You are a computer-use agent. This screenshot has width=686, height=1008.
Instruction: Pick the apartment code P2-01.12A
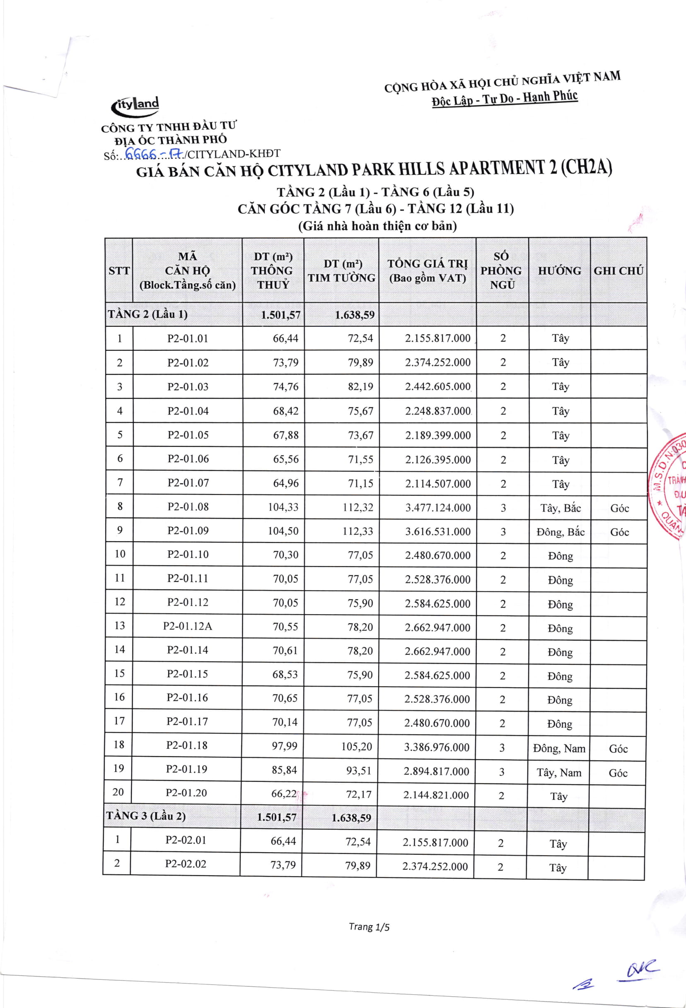pos(187,626)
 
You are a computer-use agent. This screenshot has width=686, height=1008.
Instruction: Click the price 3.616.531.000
pos(438,531)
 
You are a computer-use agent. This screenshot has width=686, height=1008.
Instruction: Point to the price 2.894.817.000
pos(436,771)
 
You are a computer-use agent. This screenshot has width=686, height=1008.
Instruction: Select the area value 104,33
pos(283,507)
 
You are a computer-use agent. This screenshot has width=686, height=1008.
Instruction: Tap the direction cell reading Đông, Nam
pos(559,748)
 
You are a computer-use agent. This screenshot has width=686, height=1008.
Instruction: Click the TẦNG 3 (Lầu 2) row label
pos(146,816)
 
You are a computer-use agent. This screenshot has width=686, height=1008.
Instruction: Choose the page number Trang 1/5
pos(369,927)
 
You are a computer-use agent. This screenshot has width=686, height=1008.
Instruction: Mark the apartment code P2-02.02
pos(185,863)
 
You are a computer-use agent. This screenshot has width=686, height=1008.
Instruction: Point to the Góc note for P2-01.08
pos(619,508)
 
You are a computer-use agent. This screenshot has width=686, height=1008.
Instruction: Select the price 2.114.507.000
pos(438,484)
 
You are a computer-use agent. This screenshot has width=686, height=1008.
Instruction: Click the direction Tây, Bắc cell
pos(560,508)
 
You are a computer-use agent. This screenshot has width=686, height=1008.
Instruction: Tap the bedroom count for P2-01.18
pos(502,748)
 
